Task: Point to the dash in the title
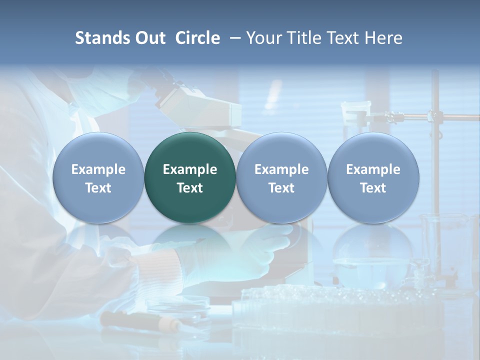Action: [235, 38]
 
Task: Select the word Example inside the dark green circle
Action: [190, 169]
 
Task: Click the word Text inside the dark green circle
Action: [190, 188]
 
